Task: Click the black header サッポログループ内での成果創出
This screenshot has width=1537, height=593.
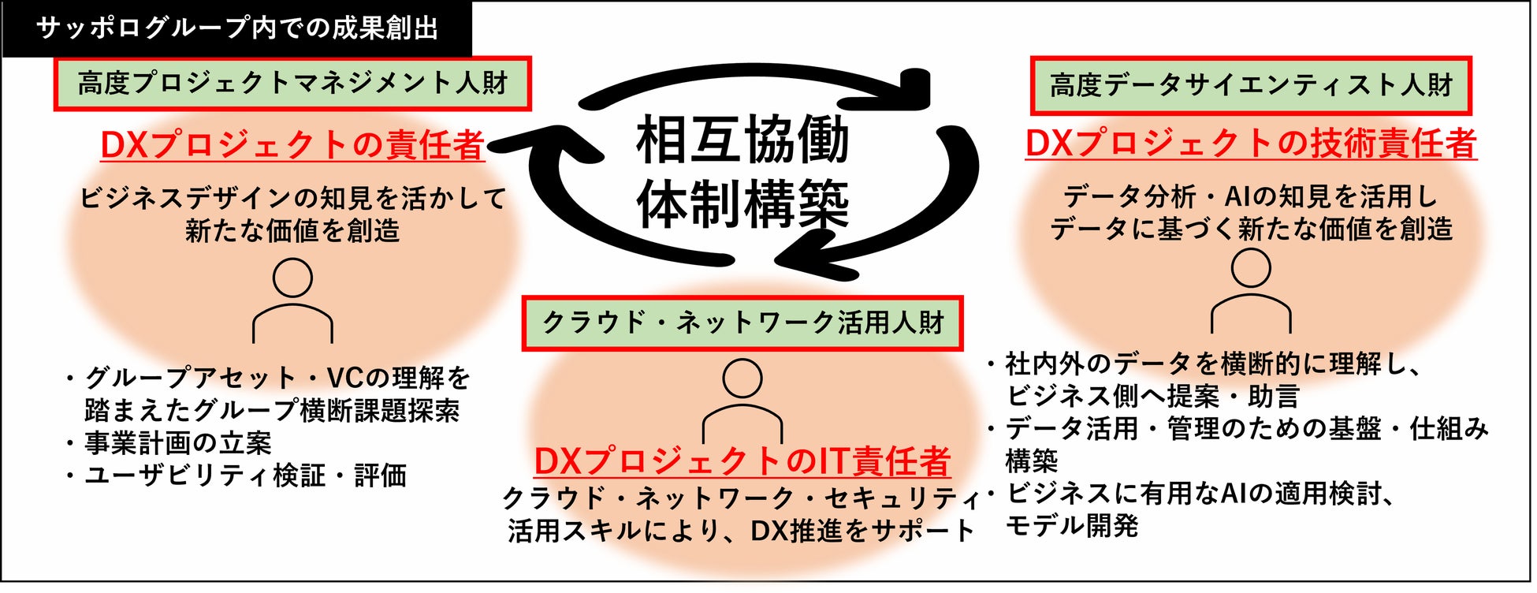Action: pyautogui.click(x=236, y=28)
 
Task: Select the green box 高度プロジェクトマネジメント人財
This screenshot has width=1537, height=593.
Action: pyautogui.click(x=292, y=84)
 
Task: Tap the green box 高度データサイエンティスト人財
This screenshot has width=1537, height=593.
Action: pyautogui.click(x=1251, y=85)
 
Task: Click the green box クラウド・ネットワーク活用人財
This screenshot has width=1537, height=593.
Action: pyautogui.click(x=742, y=323)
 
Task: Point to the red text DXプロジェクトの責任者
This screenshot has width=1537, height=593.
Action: pyautogui.click(x=292, y=145)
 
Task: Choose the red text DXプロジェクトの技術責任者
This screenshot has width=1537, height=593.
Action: pyautogui.click(x=1251, y=144)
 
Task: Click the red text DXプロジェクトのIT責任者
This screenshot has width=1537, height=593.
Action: pyautogui.click(x=742, y=461)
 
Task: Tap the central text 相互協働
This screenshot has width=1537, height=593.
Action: pyautogui.click(x=742, y=139)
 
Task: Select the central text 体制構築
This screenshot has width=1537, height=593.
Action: pyautogui.click(x=742, y=203)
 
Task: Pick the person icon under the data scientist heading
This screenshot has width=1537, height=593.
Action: pyautogui.click(x=1251, y=290)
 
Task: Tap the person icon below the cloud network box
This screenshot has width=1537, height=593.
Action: pyautogui.click(x=742, y=401)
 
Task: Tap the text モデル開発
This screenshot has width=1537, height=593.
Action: pyautogui.click(x=1072, y=525)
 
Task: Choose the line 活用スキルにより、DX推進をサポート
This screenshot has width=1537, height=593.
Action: pyautogui.click(x=741, y=531)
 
